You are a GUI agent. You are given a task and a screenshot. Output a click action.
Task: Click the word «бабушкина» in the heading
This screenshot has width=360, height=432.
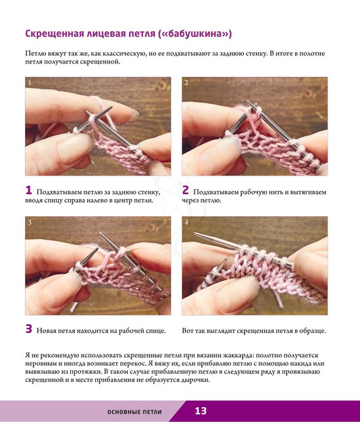coord(196,34)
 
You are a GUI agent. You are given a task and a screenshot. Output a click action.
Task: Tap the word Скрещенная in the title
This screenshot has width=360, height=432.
coord(55,34)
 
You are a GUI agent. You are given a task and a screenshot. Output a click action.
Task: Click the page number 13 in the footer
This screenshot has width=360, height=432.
coord(201,411)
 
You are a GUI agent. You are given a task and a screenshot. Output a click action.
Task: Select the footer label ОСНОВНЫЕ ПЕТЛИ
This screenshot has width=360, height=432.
coord(134,412)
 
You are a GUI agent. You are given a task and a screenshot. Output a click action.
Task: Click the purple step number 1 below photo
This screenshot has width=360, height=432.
coord(28,190)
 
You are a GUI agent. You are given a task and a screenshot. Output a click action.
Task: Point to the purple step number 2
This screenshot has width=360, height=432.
coord(186,190)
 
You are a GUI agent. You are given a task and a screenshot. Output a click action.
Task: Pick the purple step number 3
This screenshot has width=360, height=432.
coord(28,329)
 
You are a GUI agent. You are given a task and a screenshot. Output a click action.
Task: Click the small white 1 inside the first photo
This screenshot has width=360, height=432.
coord(30,82)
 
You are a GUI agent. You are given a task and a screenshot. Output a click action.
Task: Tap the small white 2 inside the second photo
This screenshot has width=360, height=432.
coord(186,82)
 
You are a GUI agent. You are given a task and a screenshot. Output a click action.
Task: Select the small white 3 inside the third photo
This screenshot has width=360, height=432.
coord(30,222)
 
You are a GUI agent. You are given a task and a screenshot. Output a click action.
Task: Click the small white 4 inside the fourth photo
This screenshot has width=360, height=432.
coord(186,222)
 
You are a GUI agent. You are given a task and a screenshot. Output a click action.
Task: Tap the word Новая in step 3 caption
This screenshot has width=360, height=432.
coord(47,331)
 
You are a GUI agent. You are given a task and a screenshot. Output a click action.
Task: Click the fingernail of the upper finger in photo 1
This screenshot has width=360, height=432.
coord(134,115)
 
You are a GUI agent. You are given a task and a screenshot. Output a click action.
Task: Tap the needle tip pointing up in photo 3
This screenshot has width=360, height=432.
coord(101,234)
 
